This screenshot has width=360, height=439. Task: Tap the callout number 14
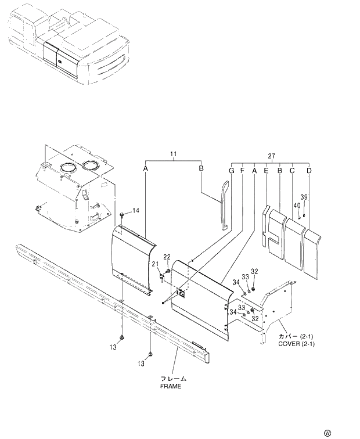point(136,210)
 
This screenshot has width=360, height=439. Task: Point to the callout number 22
point(167,257)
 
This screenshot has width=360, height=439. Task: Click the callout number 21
point(155,265)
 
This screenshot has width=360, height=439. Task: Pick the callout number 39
point(303,197)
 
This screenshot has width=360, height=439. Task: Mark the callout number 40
point(297,205)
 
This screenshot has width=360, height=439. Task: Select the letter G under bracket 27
point(231,171)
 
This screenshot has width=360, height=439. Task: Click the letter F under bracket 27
point(243,171)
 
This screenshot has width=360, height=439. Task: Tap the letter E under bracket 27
point(266,171)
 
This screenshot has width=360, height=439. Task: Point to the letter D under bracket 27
point(309,171)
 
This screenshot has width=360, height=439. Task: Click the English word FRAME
point(171,386)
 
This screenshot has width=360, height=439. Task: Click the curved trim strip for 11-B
point(225,206)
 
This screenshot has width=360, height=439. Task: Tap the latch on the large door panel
point(182,294)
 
